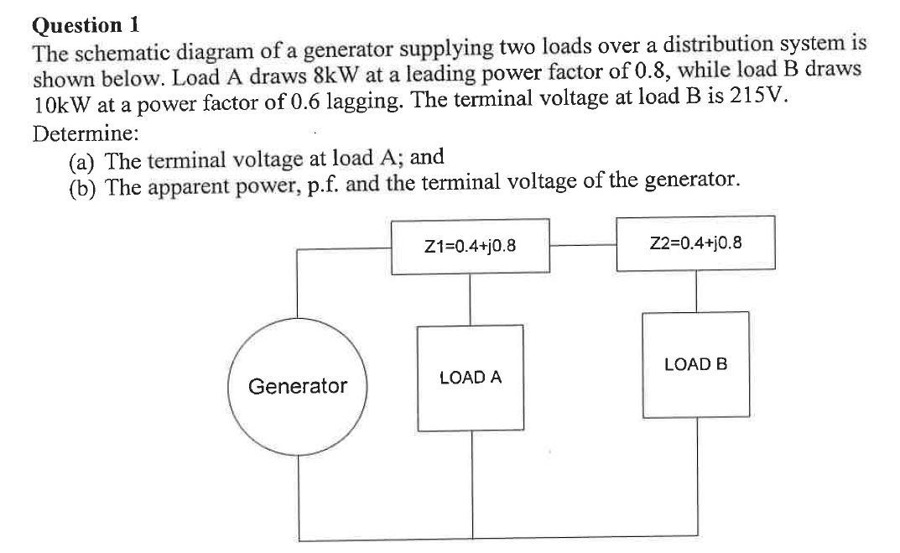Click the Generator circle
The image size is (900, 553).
pos(297,387)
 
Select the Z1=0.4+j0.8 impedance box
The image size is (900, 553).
pos(471,247)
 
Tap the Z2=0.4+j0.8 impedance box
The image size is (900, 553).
pos(695,243)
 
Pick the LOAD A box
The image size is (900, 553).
pos(471,378)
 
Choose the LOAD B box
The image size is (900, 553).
pos(695,365)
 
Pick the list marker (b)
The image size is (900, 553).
pos(84,185)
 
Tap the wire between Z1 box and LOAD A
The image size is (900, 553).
pos(470,300)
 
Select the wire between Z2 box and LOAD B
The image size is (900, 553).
pos(695,291)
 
